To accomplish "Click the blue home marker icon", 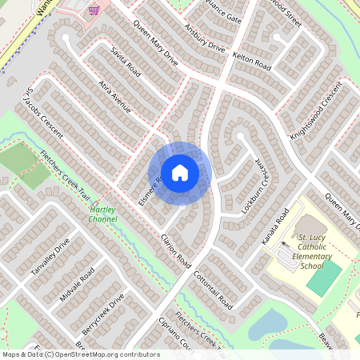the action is [180, 171].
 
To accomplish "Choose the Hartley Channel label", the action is [103, 213].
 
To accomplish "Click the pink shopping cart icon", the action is [94, 10].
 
